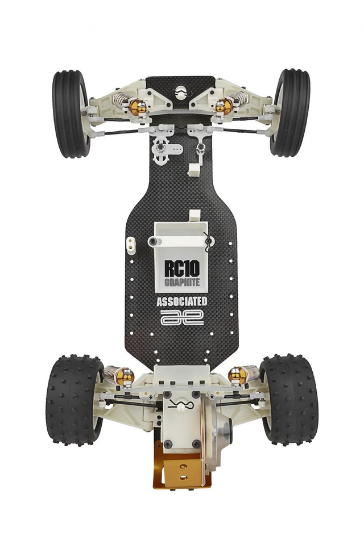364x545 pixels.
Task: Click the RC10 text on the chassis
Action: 180,267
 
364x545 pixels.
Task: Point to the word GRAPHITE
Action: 180,282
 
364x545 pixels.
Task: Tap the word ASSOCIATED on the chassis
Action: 181,302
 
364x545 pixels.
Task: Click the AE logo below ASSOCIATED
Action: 181,318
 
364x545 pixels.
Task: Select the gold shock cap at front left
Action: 136,106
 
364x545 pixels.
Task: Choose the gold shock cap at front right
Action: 224,106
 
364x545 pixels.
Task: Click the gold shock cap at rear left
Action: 125,374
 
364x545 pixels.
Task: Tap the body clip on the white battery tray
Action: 208,242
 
